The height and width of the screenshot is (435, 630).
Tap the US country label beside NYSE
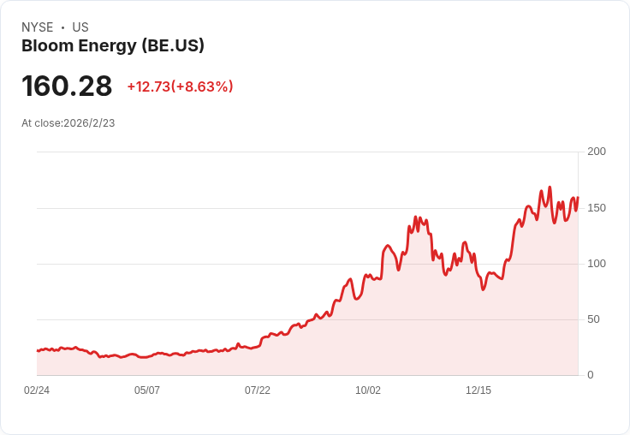pyautogui.click(x=80, y=27)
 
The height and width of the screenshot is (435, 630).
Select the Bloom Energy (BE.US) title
pyautogui.click(x=113, y=46)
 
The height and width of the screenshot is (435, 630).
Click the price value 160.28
pyautogui.click(x=67, y=86)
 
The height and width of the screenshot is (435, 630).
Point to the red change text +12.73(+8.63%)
pyautogui.click(x=180, y=86)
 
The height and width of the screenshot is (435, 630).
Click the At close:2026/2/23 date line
pyautogui.click(x=68, y=123)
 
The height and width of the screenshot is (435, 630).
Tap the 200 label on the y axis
pyautogui.click(x=597, y=152)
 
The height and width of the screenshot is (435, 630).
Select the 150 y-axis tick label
pyautogui.click(x=597, y=208)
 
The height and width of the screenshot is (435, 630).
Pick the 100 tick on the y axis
pyautogui.click(x=597, y=264)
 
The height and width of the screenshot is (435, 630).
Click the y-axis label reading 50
pyautogui.click(x=593, y=319)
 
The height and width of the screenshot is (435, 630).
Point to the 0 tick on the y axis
pyautogui.click(x=590, y=375)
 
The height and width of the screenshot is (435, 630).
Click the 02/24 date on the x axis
pyautogui.click(x=37, y=390)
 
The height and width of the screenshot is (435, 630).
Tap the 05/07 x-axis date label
pyautogui.click(x=147, y=390)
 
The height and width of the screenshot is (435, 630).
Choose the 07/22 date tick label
pyautogui.click(x=258, y=390)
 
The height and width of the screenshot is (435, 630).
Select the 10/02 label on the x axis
pyautogui.click(x=368, y=390)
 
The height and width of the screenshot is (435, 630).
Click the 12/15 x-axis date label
pyautogui.click(x=478, y=390)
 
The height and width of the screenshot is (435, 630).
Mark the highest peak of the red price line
pyautogui.click(x=550, y=188)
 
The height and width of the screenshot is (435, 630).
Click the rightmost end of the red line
pyautogui.click(x=578, y=198)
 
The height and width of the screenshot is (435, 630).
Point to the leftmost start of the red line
pyautogui.click(x=38, y=350)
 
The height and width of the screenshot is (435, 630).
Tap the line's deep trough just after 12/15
pyautogui.click(x=483, y=289)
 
